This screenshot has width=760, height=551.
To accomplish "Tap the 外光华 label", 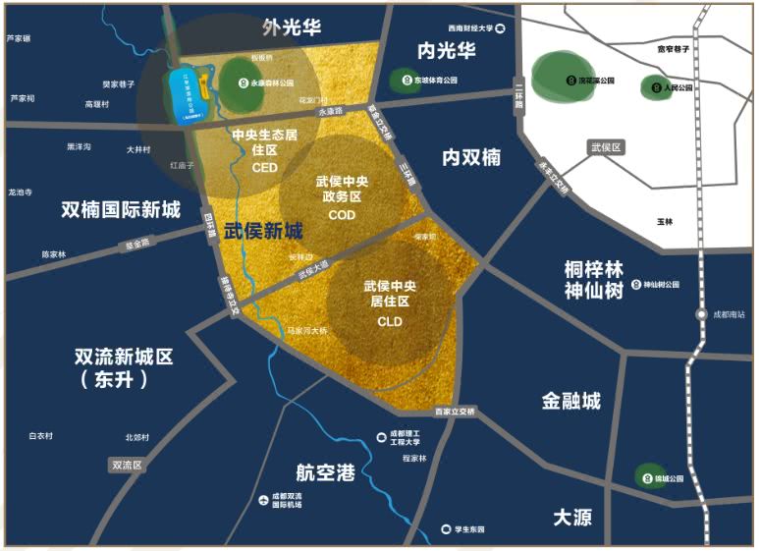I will pos(292,28).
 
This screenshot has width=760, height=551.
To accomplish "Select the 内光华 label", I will pos(446,50).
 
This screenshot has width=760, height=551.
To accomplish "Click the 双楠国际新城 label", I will pos(121,209).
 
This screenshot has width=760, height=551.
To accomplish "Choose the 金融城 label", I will pos(570,401).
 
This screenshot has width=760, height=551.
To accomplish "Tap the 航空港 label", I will pos(324,472).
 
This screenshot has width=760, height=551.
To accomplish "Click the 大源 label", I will pos(571,517).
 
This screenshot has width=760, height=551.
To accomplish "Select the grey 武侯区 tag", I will pos(606,147).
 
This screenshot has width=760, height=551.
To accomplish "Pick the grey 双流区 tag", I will pos(127,465).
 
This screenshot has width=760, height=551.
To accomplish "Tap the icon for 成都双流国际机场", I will pos(262,501).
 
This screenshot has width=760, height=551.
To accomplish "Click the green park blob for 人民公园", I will pos(655,87).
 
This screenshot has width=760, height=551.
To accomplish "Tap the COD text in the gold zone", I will pos(342,215).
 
